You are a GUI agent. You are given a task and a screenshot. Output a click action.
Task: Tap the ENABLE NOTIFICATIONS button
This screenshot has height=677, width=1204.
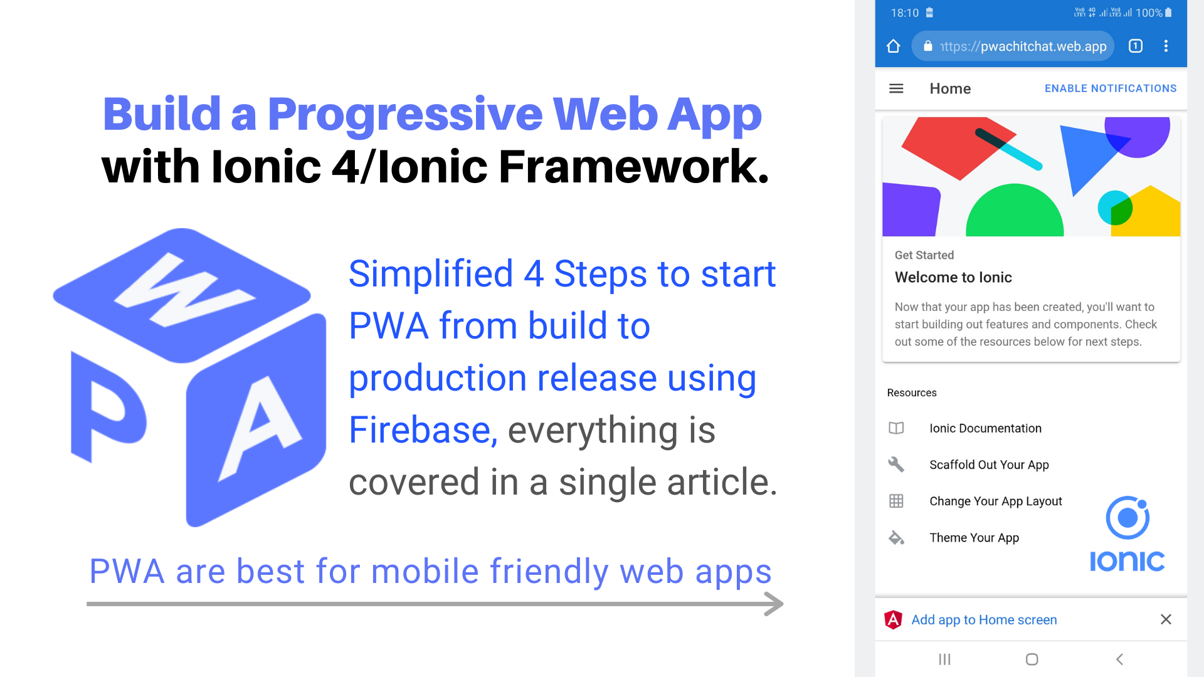1110,88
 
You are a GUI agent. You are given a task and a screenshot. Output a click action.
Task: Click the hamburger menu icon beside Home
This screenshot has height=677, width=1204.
896,88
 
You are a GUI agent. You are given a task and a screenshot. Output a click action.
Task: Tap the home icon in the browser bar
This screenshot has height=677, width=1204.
893,46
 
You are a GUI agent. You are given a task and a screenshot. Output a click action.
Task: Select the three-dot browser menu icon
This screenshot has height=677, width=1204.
1166,46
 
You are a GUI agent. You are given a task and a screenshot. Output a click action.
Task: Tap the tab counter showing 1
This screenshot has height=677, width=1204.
1135,46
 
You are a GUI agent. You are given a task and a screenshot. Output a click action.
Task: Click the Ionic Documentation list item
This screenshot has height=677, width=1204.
985,428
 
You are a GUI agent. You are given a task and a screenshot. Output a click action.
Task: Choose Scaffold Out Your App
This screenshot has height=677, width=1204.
989,464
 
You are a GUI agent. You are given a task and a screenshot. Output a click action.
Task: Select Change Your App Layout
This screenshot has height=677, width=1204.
995,501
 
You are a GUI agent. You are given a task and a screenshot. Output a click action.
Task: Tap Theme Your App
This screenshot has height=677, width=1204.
974,537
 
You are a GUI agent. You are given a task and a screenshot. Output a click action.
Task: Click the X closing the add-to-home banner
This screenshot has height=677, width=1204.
1166,619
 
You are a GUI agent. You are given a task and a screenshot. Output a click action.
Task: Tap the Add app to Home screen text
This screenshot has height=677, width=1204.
984,620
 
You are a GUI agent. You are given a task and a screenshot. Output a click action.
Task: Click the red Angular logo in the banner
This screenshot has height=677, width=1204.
893,619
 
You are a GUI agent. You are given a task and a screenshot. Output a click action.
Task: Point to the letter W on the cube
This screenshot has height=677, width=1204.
184,290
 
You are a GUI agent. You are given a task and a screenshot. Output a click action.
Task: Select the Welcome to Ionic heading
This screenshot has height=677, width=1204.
953,278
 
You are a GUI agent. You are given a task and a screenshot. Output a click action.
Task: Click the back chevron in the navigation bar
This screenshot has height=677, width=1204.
1119,659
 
